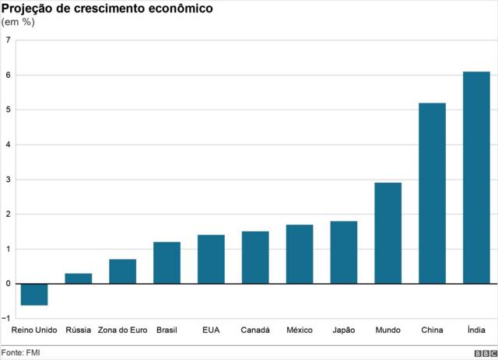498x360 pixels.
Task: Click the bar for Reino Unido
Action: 34,295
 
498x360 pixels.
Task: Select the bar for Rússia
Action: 78,278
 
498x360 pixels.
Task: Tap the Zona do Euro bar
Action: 122,271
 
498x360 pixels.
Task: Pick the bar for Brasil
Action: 167,263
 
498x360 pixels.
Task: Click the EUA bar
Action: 211,259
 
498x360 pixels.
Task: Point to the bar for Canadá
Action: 255,257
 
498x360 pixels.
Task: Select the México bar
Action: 300,254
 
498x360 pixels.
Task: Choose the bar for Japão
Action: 344,252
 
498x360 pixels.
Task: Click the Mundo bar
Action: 388,233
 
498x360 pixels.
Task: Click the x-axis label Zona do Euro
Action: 122,330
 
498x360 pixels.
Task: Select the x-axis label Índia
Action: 476,330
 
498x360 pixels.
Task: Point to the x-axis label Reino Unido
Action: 34,330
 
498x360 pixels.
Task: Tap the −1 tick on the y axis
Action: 6,319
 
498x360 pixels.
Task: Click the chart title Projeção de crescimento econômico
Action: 97,9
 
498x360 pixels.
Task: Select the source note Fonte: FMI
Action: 21,353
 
